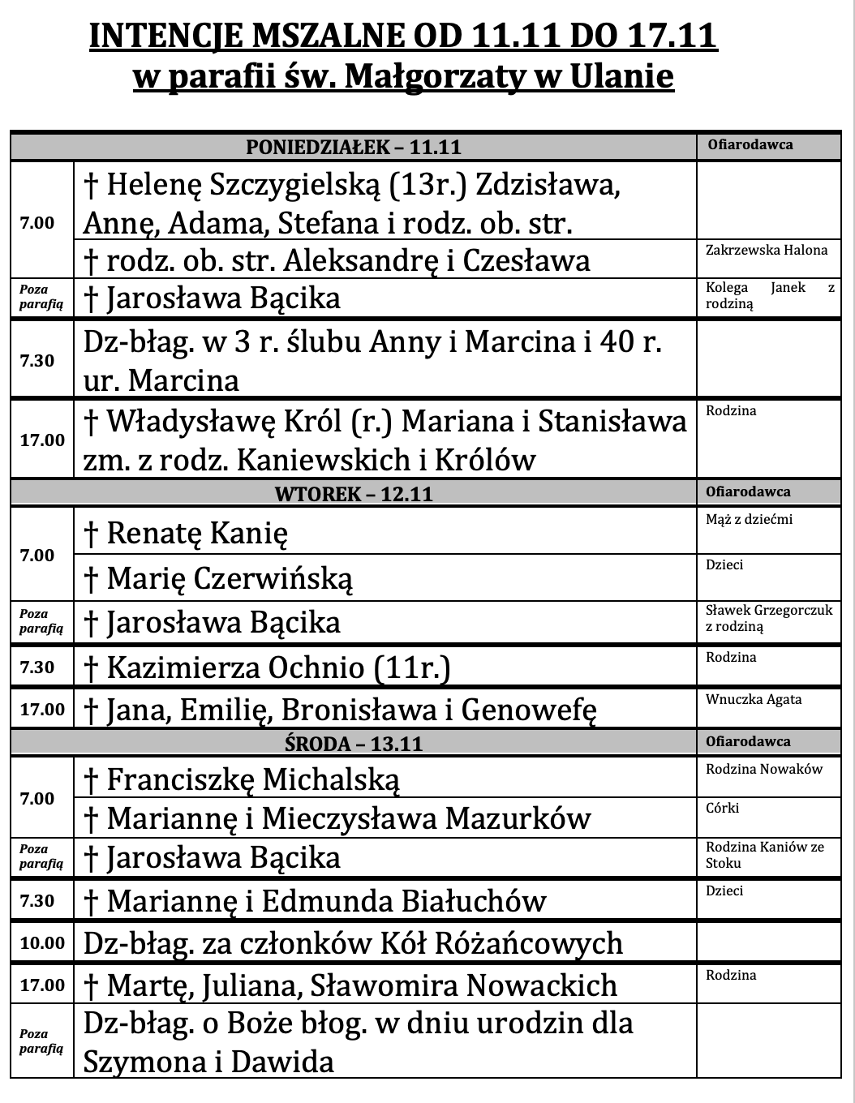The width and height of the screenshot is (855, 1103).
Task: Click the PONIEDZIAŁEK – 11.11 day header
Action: pos(354,147)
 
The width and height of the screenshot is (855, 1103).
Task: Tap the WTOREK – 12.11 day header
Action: pos(354,493)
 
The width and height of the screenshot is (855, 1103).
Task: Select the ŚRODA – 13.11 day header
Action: pos(354,743)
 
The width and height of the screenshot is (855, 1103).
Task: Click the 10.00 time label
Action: pos(42,942)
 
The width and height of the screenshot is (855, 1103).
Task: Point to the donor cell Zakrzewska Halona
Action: pos(767,250)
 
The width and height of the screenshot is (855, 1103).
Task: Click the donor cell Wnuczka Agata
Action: pos(754,699)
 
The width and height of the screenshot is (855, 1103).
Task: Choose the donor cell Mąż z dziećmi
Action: pos(749,519)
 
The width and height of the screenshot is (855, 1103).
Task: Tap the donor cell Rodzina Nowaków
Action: pos(764,769)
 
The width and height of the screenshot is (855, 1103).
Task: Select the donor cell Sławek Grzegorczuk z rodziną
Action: pos(768,618)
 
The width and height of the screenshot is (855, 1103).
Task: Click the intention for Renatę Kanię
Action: pos(186,533)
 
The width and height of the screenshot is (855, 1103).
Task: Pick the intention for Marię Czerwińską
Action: pos(218,578)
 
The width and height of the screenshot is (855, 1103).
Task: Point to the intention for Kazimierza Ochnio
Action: pos(267,667)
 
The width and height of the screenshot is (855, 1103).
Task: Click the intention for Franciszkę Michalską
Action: pos(242,779)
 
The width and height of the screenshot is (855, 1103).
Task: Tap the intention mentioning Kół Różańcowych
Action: pos(353,943)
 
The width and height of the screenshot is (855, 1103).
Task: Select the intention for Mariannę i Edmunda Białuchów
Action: pos(315,901)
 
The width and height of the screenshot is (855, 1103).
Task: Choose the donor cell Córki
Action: pos(722,808)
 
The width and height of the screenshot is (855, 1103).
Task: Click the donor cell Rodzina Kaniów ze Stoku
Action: pos(764,855)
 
